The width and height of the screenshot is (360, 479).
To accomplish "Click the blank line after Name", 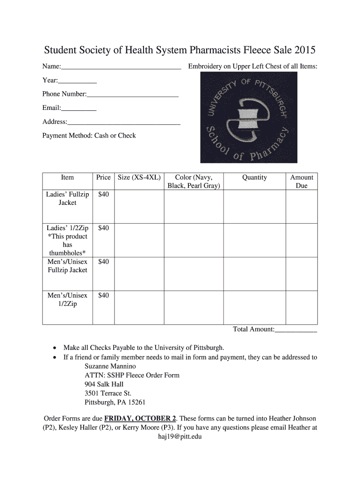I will (x=122, y=68).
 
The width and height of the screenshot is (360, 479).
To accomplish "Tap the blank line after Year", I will (x=78, y=82).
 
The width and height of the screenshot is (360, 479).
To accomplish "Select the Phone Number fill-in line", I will (x=133, y=96).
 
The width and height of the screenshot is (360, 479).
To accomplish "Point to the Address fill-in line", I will (x=124, y=124).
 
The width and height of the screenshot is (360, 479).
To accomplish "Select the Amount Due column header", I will (x=302, y=181).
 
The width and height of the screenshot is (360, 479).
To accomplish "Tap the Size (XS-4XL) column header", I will (x=139, y=178).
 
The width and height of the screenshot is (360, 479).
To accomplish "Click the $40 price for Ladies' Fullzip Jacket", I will (x=103, y=194).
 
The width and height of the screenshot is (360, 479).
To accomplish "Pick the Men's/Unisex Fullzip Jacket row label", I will (x=67, y=266).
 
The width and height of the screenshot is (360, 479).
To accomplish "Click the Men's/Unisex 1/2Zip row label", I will (x=67, y=299).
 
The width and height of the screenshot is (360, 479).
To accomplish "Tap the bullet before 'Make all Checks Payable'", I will (x=55, y=348).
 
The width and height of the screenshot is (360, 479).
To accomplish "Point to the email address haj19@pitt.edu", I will (x=180, y=436).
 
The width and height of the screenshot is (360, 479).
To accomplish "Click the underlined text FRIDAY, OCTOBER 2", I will (x=140, y=418).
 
